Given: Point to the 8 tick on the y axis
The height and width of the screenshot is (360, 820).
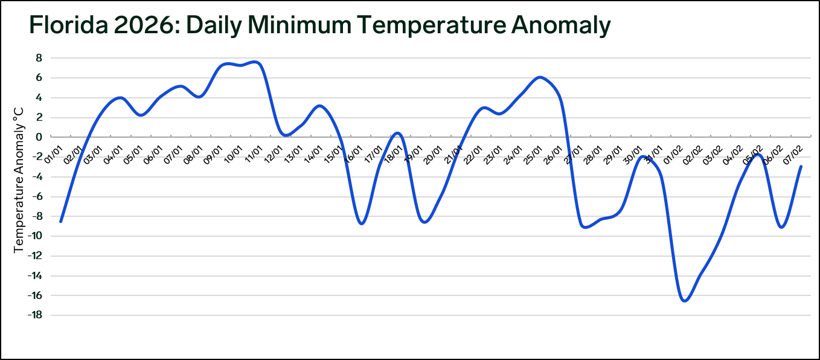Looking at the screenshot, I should coord(38,58).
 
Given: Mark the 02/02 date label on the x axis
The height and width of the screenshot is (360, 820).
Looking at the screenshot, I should coord(693,152).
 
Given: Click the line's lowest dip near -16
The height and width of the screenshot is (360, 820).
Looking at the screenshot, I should coord(685,300).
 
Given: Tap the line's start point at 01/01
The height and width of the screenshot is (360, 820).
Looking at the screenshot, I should coord(61,222).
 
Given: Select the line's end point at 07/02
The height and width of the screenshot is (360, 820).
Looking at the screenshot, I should coord(801,166).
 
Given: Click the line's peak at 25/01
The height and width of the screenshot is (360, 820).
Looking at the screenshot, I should coord(539,77).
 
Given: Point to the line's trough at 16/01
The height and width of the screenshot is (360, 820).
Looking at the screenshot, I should coord(361,223).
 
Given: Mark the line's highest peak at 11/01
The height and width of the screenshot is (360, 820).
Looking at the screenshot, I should coord(255,62).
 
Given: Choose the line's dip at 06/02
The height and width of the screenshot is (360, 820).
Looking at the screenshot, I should coord(782,227).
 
